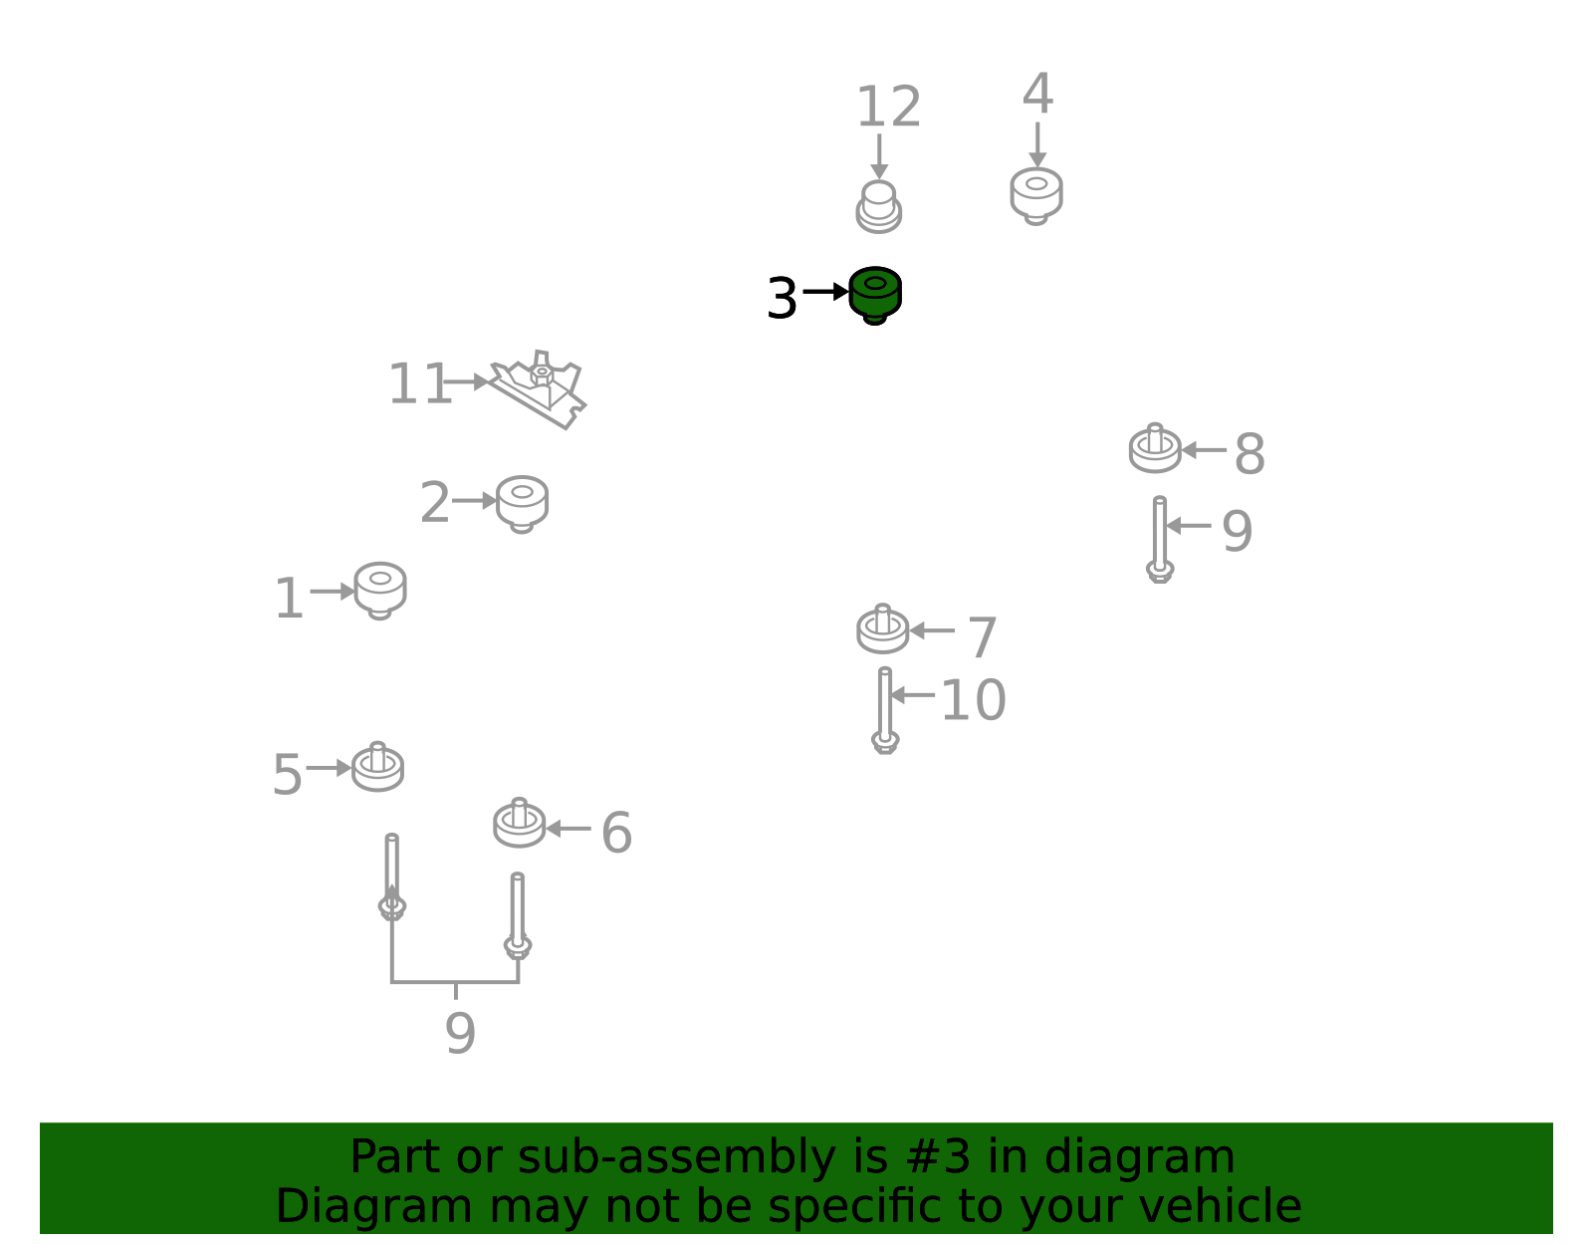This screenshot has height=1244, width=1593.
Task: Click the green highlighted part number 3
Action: click(x=874, y=296)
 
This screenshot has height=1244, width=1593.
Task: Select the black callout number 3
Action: click(x=782, y=299)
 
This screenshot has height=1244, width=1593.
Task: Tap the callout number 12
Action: click(x=888, y=107)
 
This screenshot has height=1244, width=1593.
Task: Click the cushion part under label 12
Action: click(x=879, y=207)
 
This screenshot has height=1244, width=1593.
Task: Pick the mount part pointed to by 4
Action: click(x=1035, y=196)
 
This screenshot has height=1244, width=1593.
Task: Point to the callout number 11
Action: click(x=419, y=383)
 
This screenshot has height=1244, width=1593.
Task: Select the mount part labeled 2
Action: click(x=522, y=504)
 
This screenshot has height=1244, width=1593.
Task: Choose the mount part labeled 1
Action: click(x=379, y=591)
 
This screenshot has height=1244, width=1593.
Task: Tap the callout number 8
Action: click(x=1250, y=454)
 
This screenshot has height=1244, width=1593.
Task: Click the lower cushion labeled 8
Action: click(x=1155, y=447)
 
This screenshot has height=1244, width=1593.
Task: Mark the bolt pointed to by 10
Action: click(x=885, y=709)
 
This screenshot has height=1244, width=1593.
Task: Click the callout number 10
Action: click(x=973, y=700)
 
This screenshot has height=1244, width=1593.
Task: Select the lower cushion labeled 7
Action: click(x=883, y=628)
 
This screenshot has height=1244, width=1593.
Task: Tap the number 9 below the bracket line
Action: click(x=460, y=1033)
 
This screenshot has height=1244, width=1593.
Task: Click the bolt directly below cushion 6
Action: click(x=518, y=915)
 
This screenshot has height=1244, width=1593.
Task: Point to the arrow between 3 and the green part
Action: click(x=825, y=292)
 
